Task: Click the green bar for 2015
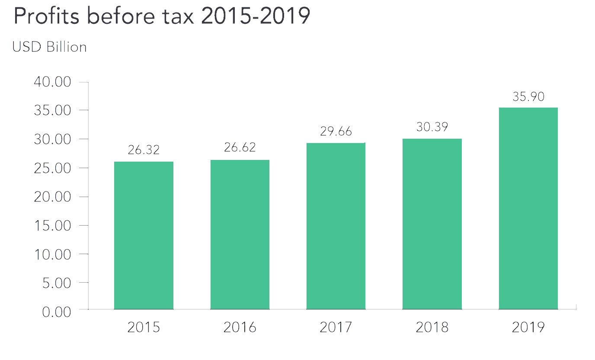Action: click(x=144, y=236)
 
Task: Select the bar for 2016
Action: click(x=240, y=235)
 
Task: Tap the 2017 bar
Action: click(x=336, y=226)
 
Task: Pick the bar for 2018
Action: click(x=432, y=224)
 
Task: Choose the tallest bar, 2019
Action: click(x=528, y=208)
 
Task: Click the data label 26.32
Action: click(x=144, y=150)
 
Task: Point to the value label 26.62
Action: click(x=240, y=147)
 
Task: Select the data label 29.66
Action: click(x=336, y=131)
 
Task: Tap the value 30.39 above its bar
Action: click(x=432, y=127)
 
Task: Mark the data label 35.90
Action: click(x=528, y=96)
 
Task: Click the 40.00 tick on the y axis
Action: click(x=52, y=82)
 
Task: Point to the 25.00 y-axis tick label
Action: click(x=52, y=168)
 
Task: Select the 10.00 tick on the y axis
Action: click(x=52, y=255)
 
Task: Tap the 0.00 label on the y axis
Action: click(x=57, y=312)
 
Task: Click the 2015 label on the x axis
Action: click(x=144, y=328)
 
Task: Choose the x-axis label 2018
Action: click(x=432, y=328)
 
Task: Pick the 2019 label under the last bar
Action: click(x=528, y=328)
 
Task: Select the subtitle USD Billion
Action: click(x=49, y=47)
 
